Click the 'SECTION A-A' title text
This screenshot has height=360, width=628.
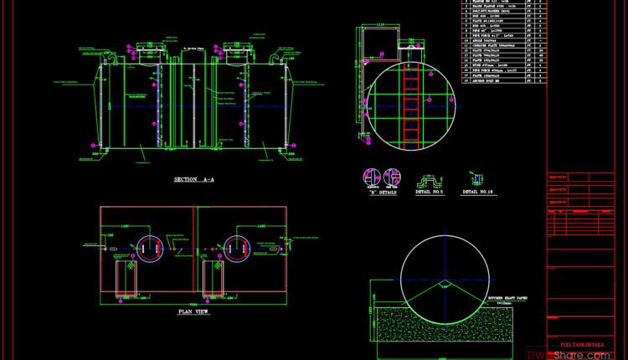[x=193, y=179]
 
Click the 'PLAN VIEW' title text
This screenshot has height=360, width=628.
[x=193, y=312]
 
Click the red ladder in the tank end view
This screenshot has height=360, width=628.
[x=411, y=105]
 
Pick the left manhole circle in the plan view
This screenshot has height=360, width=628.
[x=150, y=247]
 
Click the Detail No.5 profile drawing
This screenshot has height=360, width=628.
[x=430, y=178]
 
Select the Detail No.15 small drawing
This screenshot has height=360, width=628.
[x=476, y=178]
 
